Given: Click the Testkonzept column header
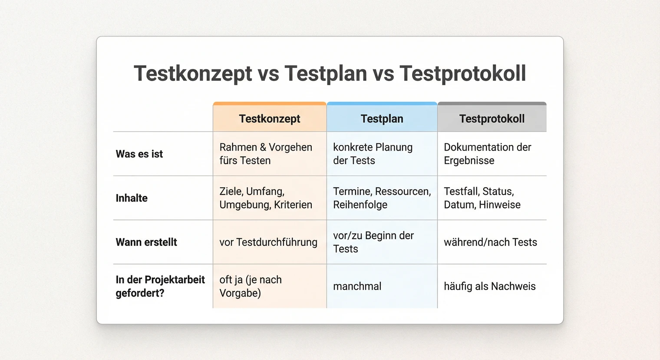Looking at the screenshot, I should [x=269, y=119].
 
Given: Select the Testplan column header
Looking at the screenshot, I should [x=382, y=119].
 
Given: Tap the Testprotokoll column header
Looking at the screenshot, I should [x=492, y=119].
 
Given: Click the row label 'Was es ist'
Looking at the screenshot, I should [x=139, y=154].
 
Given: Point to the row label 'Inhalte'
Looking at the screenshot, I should [x=132, y=198].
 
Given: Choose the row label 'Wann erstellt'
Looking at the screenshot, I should [x=146, y=242].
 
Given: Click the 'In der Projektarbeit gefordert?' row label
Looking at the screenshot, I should [x=160, y=286].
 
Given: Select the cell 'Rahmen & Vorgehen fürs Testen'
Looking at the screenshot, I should [x=265, y=154].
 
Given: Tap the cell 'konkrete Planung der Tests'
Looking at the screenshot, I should [x=373, y=154].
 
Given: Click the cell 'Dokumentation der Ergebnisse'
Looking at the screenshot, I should [x=487, y=154].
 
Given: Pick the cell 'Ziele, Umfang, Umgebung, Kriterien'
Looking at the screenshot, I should [x=265, y=198].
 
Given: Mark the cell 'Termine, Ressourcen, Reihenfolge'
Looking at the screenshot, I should [x=382, y=198].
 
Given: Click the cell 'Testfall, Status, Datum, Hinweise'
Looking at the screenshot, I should [x=482, y=198].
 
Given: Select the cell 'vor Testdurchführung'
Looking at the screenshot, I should [x=268, y=242].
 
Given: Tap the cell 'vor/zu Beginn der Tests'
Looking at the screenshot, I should [x=373, y=242].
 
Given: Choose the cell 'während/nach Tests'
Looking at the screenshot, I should [x=490, y=242].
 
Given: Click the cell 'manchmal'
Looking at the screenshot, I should [x=357, y=286].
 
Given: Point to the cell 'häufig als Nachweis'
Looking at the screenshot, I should [x=489, y=286].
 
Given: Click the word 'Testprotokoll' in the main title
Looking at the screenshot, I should [x=462, y=73].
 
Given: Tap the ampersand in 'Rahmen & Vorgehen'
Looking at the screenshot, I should [x=263, y=147].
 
